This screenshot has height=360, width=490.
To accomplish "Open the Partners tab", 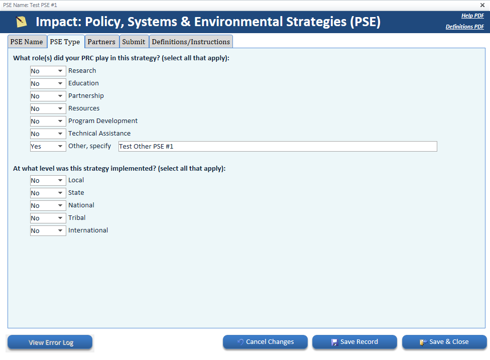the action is coord(101,42).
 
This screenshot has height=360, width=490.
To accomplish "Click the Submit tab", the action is coord(134,42).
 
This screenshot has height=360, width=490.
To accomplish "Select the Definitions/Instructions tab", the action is coord(191,42).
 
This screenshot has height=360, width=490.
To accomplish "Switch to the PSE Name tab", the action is coord(27,42).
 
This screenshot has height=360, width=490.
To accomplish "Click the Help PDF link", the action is coord(472,16).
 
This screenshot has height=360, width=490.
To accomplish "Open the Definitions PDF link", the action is coord(465,27).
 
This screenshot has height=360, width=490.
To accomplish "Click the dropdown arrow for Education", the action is coord(60,83).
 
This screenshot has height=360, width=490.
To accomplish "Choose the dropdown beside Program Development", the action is coord(48,121).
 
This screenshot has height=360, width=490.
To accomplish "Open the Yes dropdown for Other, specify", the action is coord(48,146).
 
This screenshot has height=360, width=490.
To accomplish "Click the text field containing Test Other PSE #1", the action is coord(278,146).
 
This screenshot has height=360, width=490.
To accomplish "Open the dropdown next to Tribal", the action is coord(48,218).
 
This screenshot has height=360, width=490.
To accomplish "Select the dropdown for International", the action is coord(48,230).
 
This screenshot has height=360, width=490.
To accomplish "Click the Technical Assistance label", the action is coord(99,134).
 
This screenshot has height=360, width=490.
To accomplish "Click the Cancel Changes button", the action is coord(265,342).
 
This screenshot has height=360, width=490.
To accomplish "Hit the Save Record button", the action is coord(354,342).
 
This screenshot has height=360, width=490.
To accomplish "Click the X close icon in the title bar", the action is coord(482,5).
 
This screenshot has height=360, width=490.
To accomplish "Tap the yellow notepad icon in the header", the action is coord(21,22).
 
